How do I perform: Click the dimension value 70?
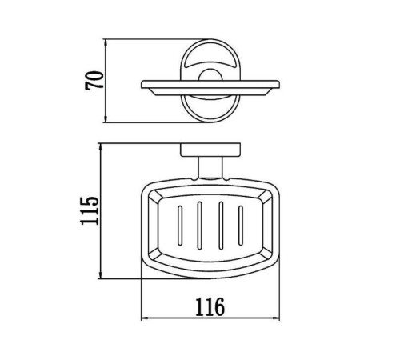pos(94,80)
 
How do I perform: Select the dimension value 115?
pos(90,210)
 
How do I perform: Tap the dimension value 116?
pos(210,306)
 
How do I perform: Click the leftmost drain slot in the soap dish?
pos(180,226)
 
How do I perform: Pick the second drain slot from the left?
pos(199,226)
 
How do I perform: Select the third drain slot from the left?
pos(221,226)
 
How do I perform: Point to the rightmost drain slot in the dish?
pos(241,226)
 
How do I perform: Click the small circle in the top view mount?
pos(210,75)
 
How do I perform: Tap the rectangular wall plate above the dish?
pos(210,150)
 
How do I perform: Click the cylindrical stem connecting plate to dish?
pos(210,167)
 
